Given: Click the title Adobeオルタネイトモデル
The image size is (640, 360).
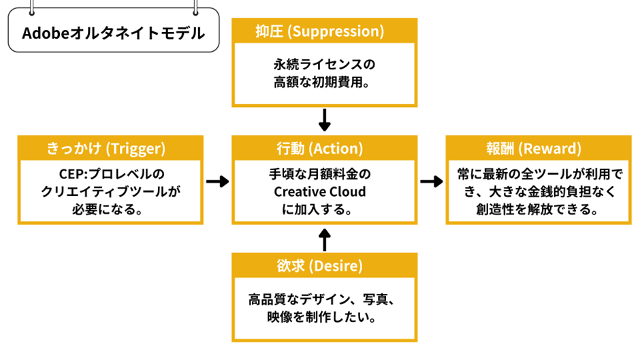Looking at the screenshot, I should (113, 33).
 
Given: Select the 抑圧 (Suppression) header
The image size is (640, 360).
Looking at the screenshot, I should (324, 31).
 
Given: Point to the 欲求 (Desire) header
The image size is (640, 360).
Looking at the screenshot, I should (324, 265).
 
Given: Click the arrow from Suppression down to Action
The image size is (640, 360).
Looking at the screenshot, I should (324, 120).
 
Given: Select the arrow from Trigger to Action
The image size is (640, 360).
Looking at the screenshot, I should (217, 182).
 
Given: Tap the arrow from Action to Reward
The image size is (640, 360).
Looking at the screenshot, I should (430, 182).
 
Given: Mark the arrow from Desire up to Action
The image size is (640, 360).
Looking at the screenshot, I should (324, 240).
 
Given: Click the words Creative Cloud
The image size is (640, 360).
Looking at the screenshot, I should (324, 192).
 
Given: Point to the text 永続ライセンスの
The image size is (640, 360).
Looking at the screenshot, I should (324, 65).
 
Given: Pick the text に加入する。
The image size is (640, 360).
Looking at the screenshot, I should (324, 210).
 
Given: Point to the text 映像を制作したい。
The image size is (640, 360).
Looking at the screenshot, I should (324, 317).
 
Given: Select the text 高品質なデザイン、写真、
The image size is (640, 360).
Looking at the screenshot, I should (324, 299).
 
